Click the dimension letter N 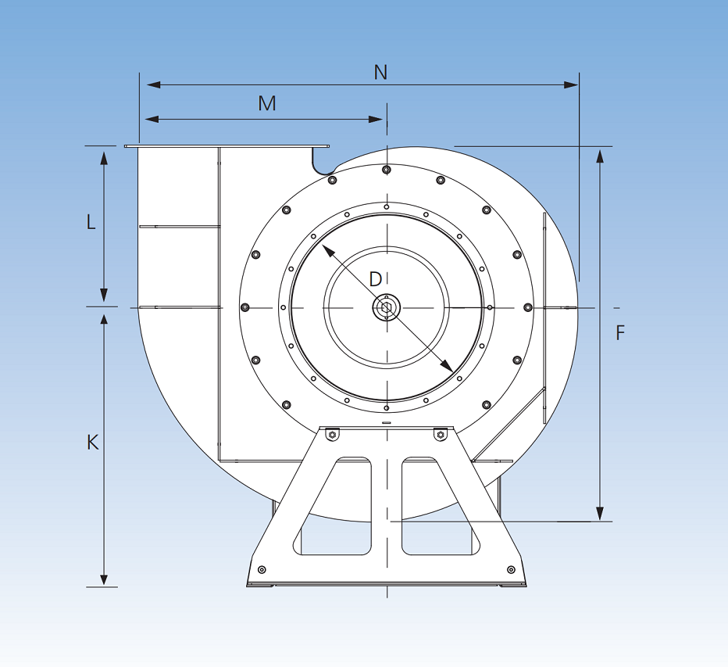380,73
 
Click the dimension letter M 267,103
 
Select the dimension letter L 91,222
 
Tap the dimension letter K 92,443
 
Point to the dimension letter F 620,333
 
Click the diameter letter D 376,279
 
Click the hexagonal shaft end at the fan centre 387,307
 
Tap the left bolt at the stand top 332,434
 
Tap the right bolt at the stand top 441,434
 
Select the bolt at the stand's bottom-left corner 262,568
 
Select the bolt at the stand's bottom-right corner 511,568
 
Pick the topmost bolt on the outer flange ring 387,170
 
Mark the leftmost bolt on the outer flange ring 244,307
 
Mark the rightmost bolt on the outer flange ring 528,307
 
